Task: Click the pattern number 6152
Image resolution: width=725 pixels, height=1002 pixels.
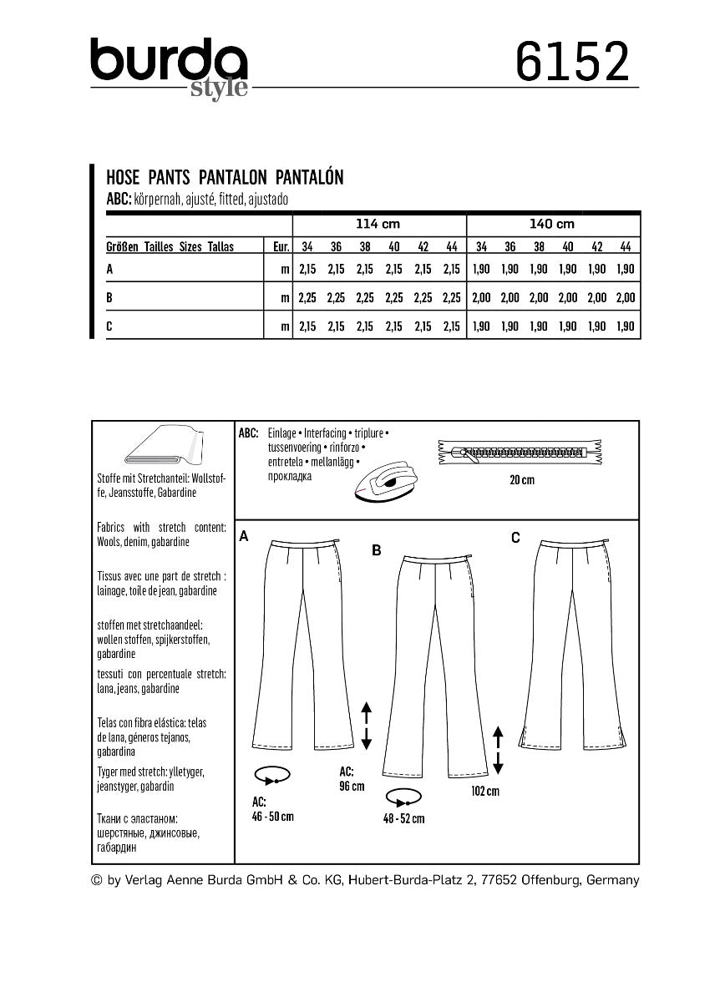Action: (x=572, y=62)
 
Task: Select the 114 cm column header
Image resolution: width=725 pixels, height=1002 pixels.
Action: (x=378, y=224)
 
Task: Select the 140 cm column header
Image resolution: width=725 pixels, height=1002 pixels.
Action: (x=553, y=224)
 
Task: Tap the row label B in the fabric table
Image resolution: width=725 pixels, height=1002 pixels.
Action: (x=110, y=296)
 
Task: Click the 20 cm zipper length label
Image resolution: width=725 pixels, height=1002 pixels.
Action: (x=522, y=479)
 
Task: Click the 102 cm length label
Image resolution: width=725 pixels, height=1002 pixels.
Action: (x=485, y=791)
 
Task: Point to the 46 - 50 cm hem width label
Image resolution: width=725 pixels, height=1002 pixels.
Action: (x=273, y=816)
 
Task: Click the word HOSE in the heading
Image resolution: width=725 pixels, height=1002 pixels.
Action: (x=124, y=176)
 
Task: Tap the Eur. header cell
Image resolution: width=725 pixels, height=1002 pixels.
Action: (x=280, y=247)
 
